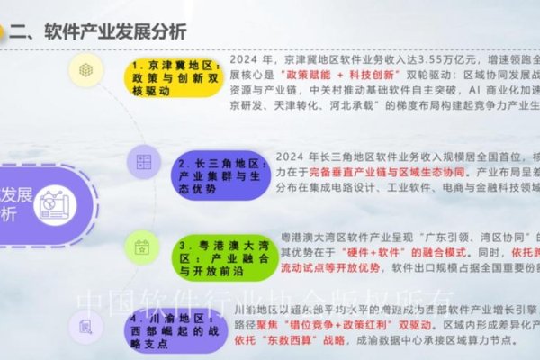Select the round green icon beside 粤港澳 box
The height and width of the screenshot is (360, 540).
tap(141, 245)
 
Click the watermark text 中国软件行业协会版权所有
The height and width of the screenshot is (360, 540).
tap(270, 301)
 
